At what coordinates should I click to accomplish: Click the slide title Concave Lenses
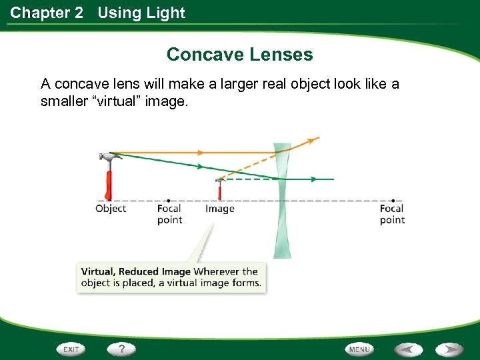pos(239,54)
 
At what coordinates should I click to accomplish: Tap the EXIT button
pos(71,349)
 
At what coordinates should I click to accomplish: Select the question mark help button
pos(121,349)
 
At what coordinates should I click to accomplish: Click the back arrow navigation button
pos(408,349)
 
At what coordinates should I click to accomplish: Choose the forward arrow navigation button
pos(450,349)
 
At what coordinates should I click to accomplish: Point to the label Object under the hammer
pos(111,209)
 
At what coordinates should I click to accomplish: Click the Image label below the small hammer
pos(220,209)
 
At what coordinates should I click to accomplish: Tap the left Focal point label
pos(169,214)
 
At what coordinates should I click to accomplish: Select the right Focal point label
pos(392,214)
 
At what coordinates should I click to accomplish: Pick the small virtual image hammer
pos(219,188)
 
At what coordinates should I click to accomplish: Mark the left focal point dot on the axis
pos(169,200)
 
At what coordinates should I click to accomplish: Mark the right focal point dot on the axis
pos(393,200)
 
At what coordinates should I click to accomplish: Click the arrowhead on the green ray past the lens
pos(314,179)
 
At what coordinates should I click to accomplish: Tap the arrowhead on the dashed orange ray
pos(309,141)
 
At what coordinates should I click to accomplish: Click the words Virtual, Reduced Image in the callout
pos(135,271)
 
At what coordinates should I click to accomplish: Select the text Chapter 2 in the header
pos(47,13)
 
